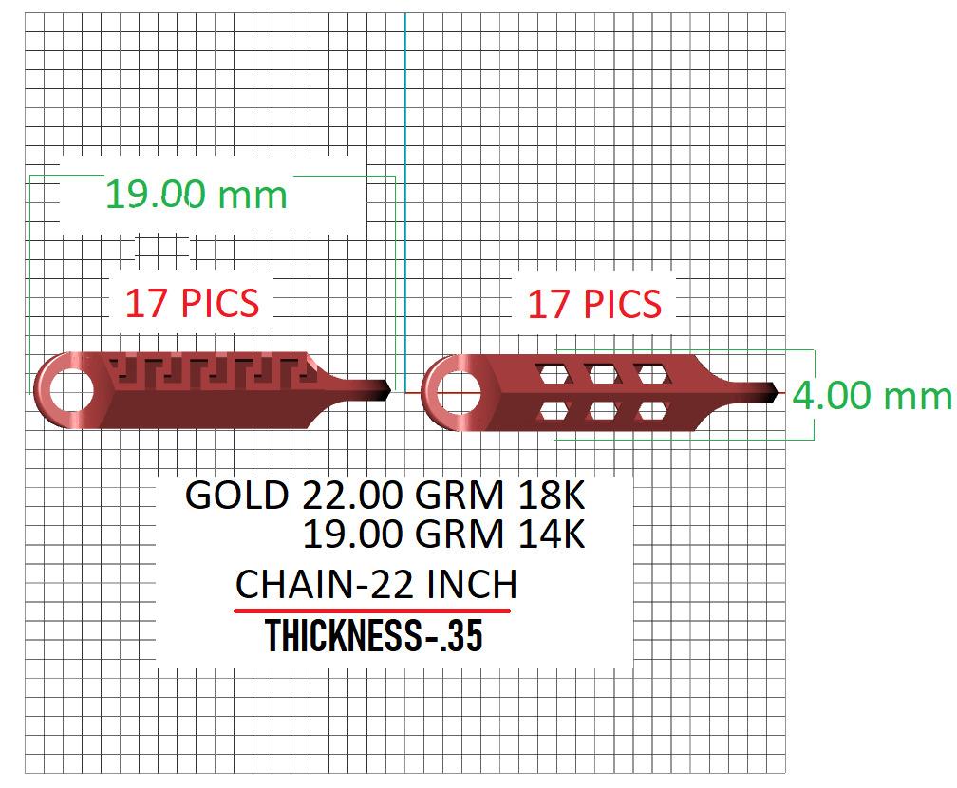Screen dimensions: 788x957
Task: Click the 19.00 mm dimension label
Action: click(x=196, y=195)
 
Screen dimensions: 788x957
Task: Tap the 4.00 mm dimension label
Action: click(x=872, y=395)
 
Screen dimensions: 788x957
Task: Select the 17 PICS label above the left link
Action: click(x=192, y=304)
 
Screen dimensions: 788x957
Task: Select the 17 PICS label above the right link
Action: click(x=594, y=304)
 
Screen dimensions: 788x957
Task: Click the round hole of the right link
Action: click(x=455, y=390)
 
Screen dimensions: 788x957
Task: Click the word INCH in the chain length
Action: click(x=471, y=584)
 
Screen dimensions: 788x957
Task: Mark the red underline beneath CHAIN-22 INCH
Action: click(x=373, y=610)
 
